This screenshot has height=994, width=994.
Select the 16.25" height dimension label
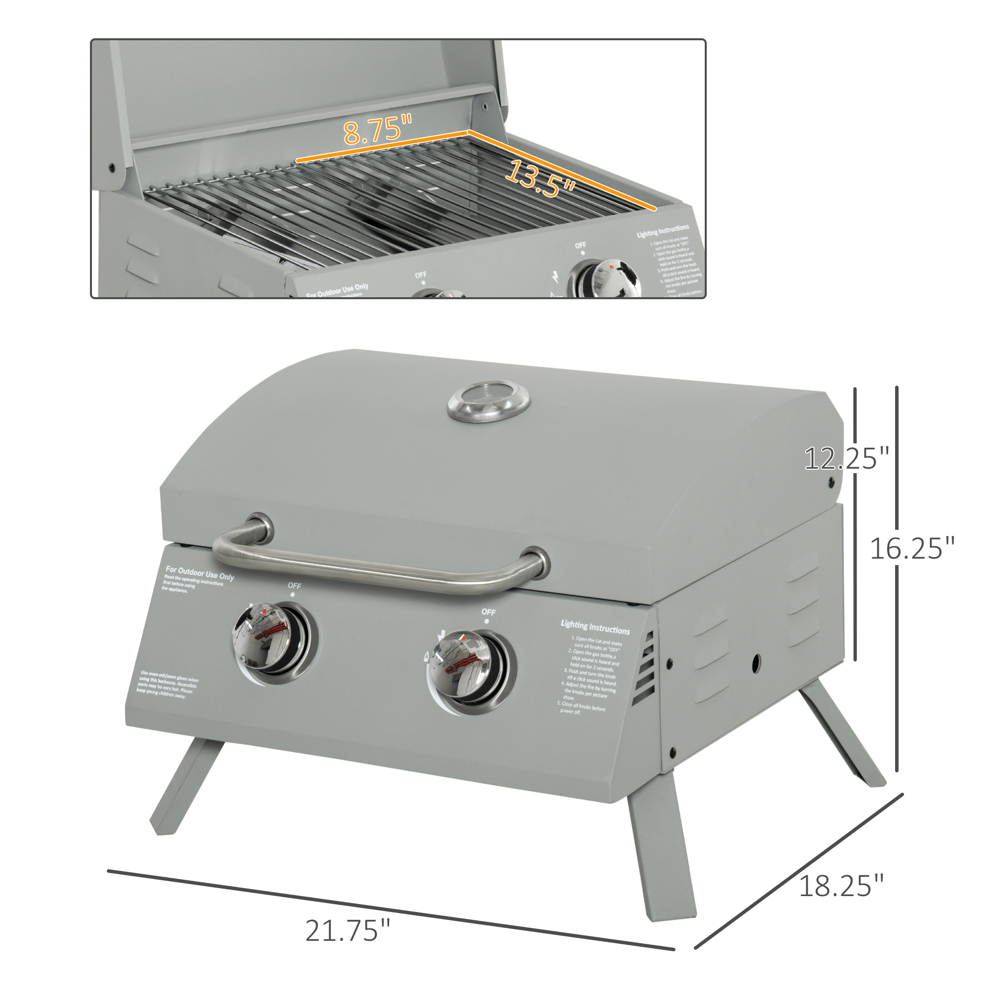[x=911, y=549]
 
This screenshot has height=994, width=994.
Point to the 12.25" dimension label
[x=846, y=458]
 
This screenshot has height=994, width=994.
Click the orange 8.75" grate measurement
[x=378, y=130]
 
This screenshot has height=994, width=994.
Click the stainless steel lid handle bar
[x=381, y=569]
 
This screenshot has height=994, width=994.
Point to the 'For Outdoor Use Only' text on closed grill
[x=200, y=573]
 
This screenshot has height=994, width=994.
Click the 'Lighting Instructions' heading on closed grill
[x=595, y=627]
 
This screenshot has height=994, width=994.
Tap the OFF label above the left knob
[x=294, y=585]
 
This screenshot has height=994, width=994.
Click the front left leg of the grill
[x=185, y=787]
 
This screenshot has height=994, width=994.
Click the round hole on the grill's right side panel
[x=756, y=663]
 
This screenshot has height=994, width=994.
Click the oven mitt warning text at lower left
[x=167, y=684]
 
